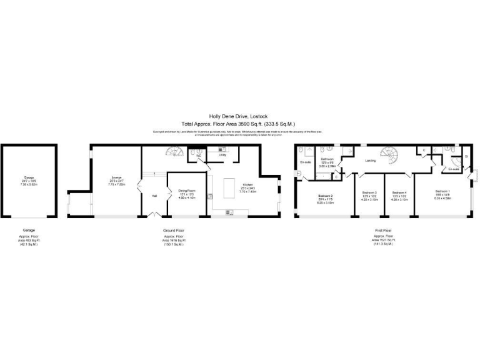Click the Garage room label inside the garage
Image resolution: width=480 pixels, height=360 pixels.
pos(29,177)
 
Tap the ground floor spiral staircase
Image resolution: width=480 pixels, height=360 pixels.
pos(172,152)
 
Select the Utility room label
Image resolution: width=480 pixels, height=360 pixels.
pos(222,155)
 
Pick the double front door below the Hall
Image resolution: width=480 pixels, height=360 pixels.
pos(154,216)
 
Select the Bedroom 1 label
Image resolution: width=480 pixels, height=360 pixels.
pos(442,191)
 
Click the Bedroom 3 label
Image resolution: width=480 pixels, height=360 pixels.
pos(370,192)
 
